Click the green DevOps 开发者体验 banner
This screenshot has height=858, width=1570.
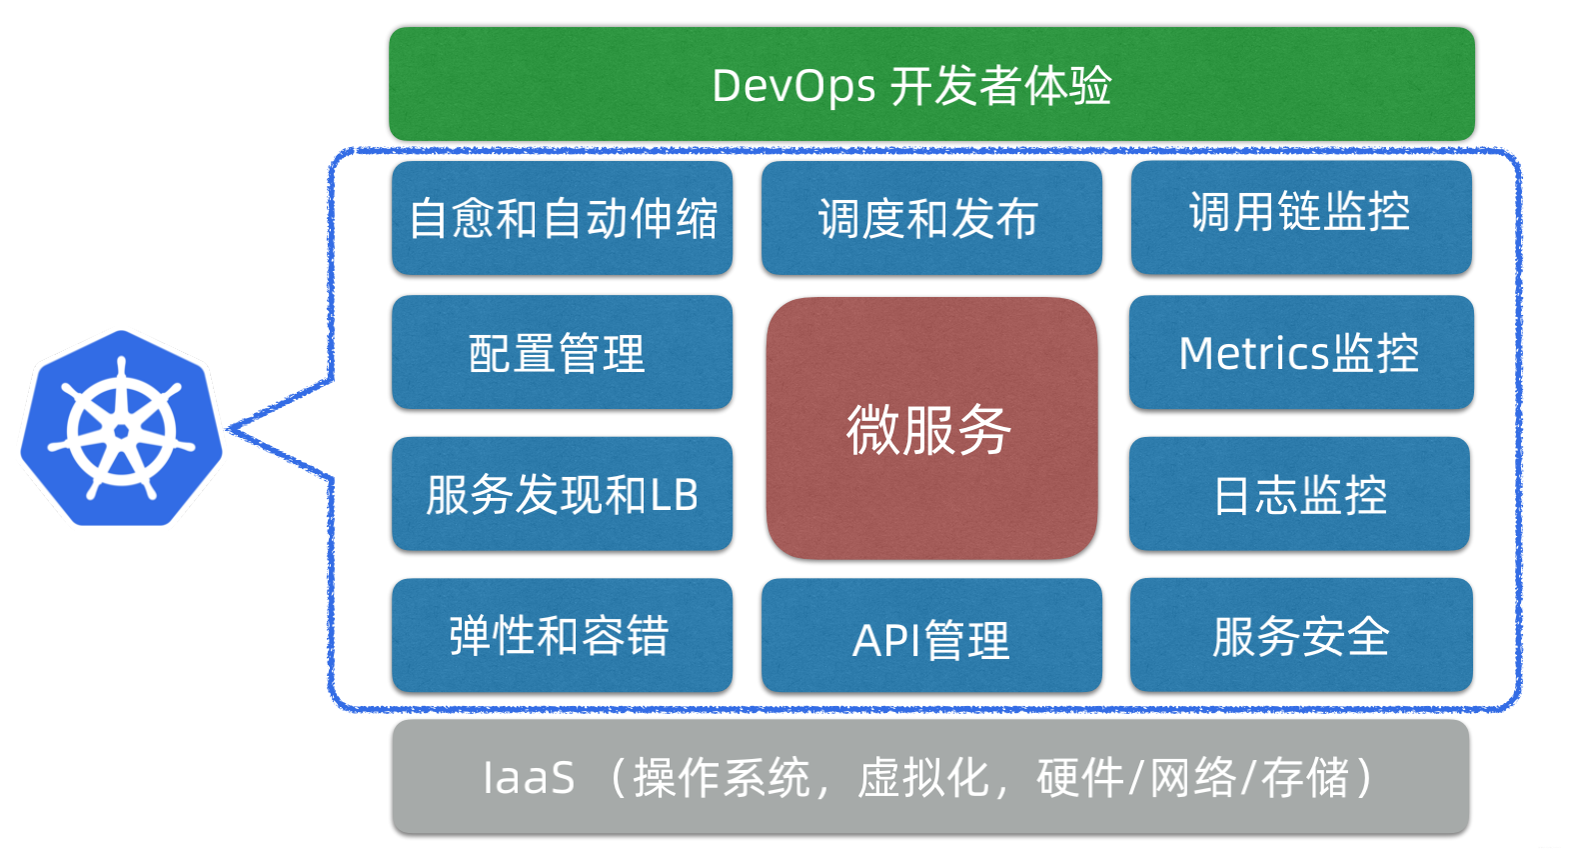(931, 84)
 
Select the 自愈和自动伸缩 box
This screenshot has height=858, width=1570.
(562, 218)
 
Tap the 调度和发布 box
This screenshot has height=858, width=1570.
(931, 218)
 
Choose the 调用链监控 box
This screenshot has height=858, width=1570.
(1300, 217)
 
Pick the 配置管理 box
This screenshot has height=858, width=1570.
(562, 352)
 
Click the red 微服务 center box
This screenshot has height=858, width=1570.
(931, 428)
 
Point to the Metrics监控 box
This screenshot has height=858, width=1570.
(1300, 352)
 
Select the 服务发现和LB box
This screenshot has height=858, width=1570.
(562, 494)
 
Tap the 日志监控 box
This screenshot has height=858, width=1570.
(1299, 494)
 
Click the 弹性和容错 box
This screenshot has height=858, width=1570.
(562, 635)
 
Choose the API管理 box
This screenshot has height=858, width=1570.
(931, 637)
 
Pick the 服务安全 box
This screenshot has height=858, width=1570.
(1300, 635)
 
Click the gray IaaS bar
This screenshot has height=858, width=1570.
(930, 777)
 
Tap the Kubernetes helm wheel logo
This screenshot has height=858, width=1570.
(121, 429)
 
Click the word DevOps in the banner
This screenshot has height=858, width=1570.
(793, 86)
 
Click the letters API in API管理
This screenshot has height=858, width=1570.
(885, 640)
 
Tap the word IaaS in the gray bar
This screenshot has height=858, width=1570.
(529, 778)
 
